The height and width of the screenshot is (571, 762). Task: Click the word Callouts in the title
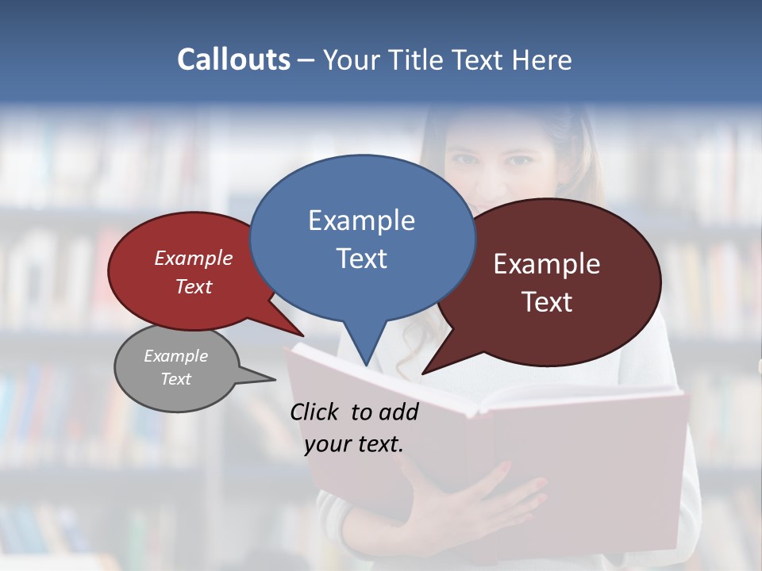[x=233, y=59]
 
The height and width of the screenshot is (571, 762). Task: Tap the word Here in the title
[x=543, y=59]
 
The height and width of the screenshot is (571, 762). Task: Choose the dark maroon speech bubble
[x=556, y=317]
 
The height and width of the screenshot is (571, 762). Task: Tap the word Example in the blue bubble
[x=361, y=220]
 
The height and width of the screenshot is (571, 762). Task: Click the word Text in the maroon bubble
[x=547, y=302]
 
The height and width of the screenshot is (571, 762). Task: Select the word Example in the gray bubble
[x=176, y=356]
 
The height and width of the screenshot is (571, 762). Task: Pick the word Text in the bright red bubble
[x=194, y=287]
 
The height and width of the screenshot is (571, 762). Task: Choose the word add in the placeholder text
[x=398, y=412]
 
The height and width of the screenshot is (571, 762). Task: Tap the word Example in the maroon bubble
[x=547, y=264]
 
